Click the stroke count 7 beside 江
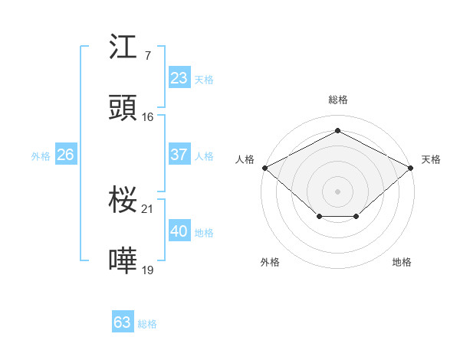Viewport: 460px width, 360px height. (147, 56)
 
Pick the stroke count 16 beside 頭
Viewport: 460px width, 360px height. (148, 116)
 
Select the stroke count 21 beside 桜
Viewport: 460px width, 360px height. (148, 208)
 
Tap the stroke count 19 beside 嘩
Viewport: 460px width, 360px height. (148, 269)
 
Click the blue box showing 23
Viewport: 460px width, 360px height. (179, 78)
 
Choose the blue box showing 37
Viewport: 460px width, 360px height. (179, 155)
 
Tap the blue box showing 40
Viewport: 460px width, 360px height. (179, 231)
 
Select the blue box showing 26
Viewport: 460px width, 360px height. (65, 155)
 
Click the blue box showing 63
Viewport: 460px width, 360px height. (122, 322)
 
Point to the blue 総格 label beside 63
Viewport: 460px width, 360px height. (147, 324)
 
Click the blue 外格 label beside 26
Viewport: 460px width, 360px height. (41, 156)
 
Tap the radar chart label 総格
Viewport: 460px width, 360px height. (337, 100)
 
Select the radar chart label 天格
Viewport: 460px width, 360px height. (431, 159)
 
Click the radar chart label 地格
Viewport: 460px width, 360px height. (402, 262)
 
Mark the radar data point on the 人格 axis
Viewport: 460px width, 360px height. (264, 168)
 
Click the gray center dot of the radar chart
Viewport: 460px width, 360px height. (337, 191)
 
